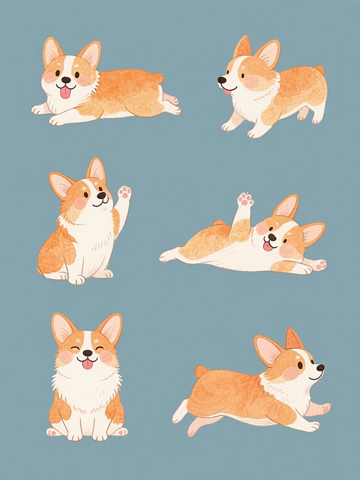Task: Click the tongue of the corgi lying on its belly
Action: [x=66, y=92]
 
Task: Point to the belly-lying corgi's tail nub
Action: [x=159, y=78]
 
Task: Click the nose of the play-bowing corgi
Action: [x=221, y=80]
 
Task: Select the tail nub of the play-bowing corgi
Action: [x=319, y=70]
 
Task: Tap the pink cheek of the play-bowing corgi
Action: [x=250, y=82]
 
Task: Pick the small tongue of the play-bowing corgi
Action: [x=227, y=92]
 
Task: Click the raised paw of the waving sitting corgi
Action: [x=124, y=193]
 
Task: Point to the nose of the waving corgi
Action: [x=101, y=196]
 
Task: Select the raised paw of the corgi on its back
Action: [x=245, y=200]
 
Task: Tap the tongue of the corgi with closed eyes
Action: [x=87, y=364]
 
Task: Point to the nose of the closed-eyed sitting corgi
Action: [x=87, y=353]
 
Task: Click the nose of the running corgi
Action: [x=320, y=368]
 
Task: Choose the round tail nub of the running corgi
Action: [x=201, y=371]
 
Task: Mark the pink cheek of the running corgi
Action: [x=290, y=373]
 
